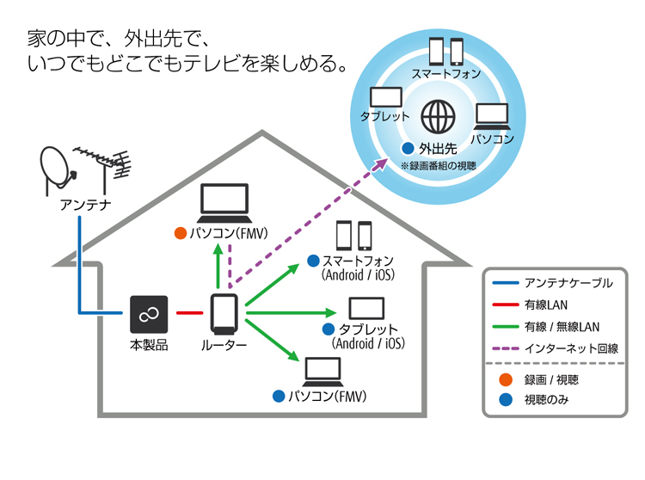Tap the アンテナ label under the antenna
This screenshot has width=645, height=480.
[83, 205]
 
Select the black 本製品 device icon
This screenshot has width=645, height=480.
[148, 314]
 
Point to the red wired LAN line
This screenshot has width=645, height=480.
[188, 312]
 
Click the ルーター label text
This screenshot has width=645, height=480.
[224, 345]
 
